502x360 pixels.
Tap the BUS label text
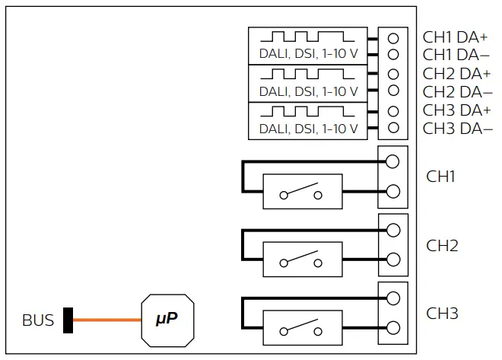pos(38,320)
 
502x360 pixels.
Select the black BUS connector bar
pos(68,320)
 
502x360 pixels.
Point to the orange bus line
pos(106,320)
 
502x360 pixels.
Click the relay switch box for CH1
pos(302,191)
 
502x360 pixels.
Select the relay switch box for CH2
pos(302,260)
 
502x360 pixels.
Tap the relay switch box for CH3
pos(302,328)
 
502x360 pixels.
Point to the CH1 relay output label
pos(441,177)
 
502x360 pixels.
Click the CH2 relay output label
pos(441,245)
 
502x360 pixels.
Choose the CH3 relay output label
pos(441,313)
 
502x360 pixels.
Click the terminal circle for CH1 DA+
pos(393,37)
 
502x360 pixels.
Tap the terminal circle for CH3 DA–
pos(393,128)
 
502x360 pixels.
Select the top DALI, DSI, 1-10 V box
pos(307,46)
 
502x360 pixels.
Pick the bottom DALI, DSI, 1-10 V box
pos(307,120)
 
